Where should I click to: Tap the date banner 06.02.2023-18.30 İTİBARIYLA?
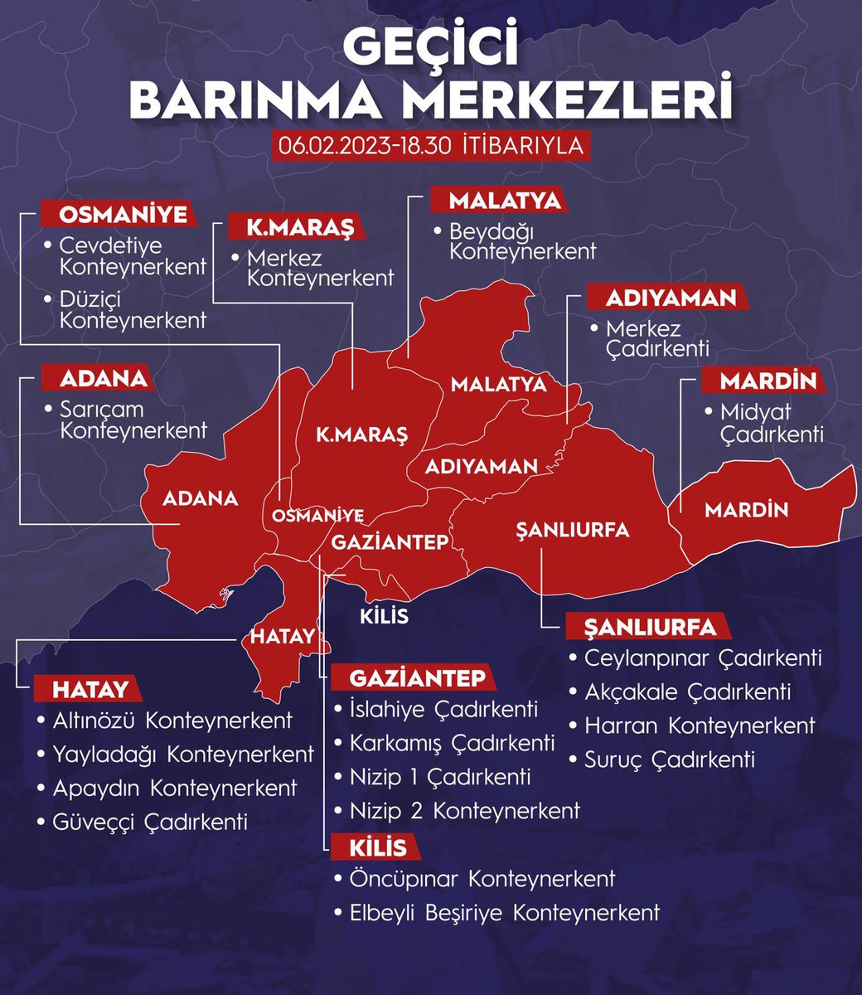430,144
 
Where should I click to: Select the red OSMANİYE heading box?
123,214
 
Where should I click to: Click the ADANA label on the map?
200,498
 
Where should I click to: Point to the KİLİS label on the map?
384,617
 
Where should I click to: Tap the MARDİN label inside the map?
746,509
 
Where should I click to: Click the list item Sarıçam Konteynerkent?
133,420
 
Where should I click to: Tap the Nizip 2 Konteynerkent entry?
464,810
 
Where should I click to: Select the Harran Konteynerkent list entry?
700,726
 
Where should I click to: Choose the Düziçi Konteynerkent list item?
133,309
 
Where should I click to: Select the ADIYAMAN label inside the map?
481,466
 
